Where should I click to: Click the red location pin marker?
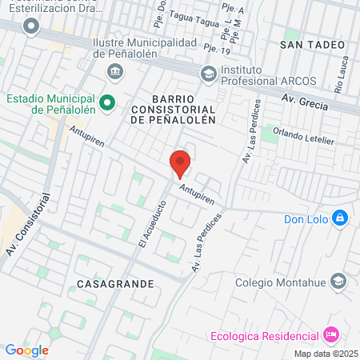180,164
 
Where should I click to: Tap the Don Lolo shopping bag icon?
340,218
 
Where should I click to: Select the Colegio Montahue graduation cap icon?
339,281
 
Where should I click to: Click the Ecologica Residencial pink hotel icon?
330,334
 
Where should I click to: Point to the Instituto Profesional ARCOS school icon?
208,74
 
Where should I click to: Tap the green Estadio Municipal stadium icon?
110,103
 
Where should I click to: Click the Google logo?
26,350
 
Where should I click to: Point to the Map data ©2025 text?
326,353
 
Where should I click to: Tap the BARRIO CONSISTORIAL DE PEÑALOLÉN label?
173,113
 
